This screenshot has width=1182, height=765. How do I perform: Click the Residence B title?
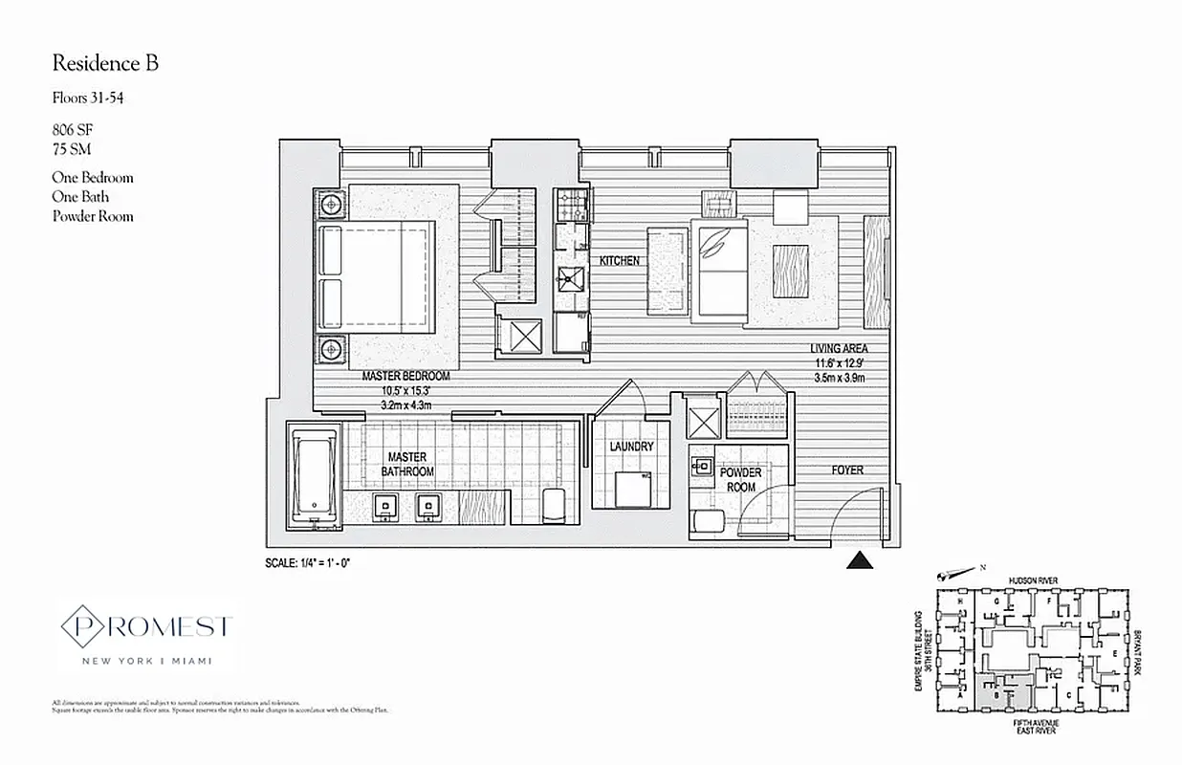[105, 64]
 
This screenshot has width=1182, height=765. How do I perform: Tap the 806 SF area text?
[73, 128]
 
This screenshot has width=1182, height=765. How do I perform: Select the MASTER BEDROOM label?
[405, 376]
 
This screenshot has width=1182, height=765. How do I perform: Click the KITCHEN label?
[620, 261]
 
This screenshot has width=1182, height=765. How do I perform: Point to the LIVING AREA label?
[838, 349]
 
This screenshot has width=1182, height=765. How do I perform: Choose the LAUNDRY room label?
[632, 447]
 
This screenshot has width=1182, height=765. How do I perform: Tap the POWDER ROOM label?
[741, 479]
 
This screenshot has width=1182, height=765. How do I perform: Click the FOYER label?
[847, 470]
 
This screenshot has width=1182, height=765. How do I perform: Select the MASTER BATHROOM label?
[407, 464]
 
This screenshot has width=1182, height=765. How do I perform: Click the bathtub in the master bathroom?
[314, 476]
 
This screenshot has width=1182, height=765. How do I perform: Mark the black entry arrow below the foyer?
[861, 560]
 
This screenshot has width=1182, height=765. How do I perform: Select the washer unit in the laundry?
[632, 489]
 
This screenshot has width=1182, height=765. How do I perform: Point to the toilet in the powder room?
[709, 522]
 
